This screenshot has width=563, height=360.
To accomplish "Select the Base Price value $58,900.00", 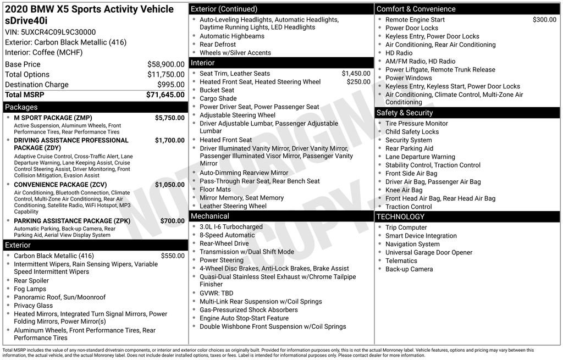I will click(165, 64).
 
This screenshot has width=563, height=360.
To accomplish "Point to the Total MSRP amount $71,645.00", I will click(165, 95).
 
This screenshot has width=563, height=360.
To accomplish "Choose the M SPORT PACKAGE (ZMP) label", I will click(53, 118).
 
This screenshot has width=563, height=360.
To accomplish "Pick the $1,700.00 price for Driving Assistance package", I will click(169, 140).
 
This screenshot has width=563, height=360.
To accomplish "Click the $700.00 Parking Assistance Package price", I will click(172, 221).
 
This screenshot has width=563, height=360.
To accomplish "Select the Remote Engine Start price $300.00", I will click(544, 20).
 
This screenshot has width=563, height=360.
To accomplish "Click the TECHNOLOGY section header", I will click(400, 217).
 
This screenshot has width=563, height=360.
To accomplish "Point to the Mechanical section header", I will click(210, 216).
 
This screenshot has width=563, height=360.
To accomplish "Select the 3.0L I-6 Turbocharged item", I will click(231, 226).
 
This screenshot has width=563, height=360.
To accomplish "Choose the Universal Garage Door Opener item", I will click(429, 252).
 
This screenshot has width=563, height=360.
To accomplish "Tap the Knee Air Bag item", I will click(404, 190).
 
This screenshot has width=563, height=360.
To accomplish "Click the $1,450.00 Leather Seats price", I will click(356, 74).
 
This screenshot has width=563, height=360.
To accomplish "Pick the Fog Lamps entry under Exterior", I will click(30, 289).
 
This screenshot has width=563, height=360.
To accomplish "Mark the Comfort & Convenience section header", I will click(416, 9).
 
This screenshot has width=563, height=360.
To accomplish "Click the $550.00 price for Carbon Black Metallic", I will click(173, 256).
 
